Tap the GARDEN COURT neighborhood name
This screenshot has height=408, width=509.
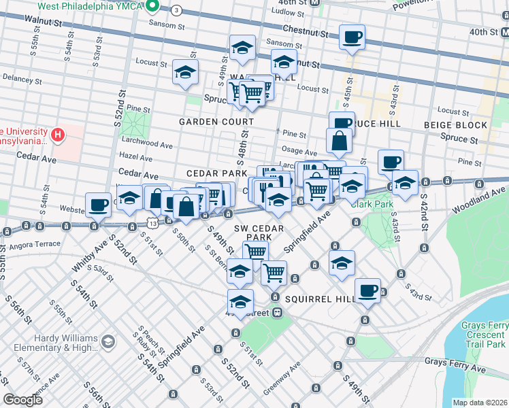[x=216, y=122]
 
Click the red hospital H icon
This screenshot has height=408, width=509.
[x=58, y=135]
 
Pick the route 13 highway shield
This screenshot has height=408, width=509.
[x=150, y=223]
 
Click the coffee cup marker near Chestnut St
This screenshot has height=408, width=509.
[x=352, y=37]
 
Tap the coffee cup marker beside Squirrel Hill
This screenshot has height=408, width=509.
[x=367, y=290]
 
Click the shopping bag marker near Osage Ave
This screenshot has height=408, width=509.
[x=339, y=141]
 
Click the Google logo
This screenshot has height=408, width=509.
[x=23, y=400]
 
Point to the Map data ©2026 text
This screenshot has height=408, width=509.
[x=480, y=403]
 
